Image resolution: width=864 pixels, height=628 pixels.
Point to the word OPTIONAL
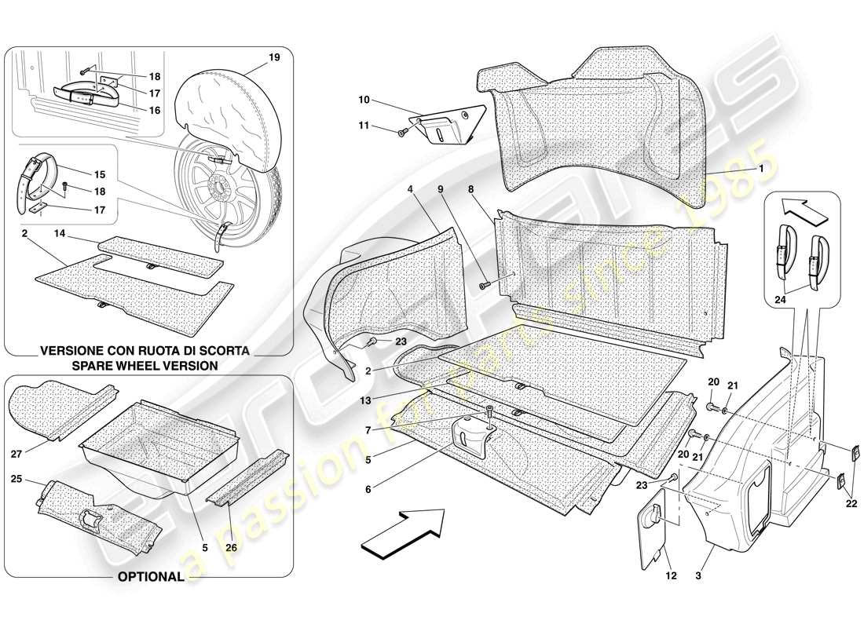pos(150,576)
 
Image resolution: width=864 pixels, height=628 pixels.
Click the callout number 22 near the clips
pos(851,503)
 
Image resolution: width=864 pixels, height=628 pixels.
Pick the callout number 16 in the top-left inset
pos(155,111)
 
